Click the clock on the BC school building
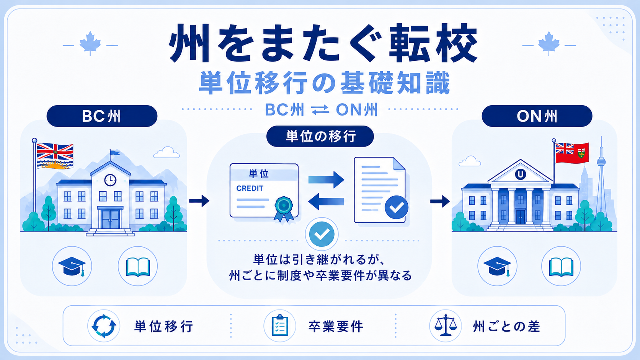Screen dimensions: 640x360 [x=110, y=180]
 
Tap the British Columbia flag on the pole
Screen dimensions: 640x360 [x=55, y=156]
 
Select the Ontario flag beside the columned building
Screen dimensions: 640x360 [x=572, y=153]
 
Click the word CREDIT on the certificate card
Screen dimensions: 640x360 [x=250, y=189]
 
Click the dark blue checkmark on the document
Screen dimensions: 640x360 [x=396, y=207]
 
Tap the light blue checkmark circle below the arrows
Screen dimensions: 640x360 [x=322, y=234]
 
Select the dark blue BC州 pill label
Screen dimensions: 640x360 [x=102, y=116]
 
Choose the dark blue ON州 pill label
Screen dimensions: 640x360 [x=537, y=116]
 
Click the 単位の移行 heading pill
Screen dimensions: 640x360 [x=320, y=136]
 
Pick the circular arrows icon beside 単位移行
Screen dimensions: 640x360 [x=104, y=326]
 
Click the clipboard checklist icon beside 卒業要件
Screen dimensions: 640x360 [x=280, y=326]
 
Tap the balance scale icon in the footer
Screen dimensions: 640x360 [x=446, y=326]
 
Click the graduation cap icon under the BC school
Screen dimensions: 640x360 [x=72, y=266]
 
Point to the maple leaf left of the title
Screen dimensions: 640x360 [x=90, y=43]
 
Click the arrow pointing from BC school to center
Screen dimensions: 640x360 [x=199, y=201]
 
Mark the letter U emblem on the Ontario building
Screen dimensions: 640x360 [x=520, y=174]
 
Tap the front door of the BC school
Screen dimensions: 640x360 [x=110, y=219]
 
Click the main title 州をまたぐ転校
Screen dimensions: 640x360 [x=323, y=43]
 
